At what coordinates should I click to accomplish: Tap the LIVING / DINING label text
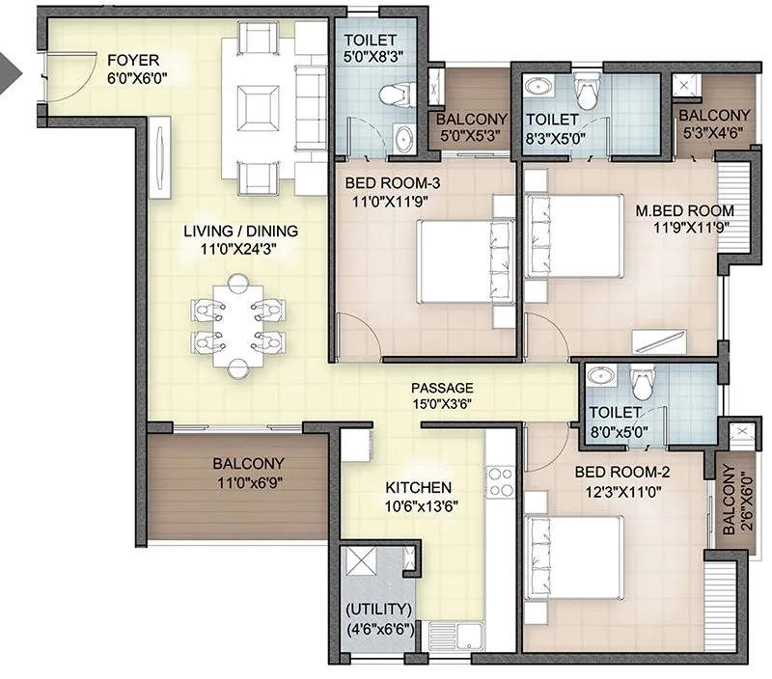241,231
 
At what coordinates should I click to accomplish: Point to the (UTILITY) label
379,610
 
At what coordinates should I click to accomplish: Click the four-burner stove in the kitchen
501,482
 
